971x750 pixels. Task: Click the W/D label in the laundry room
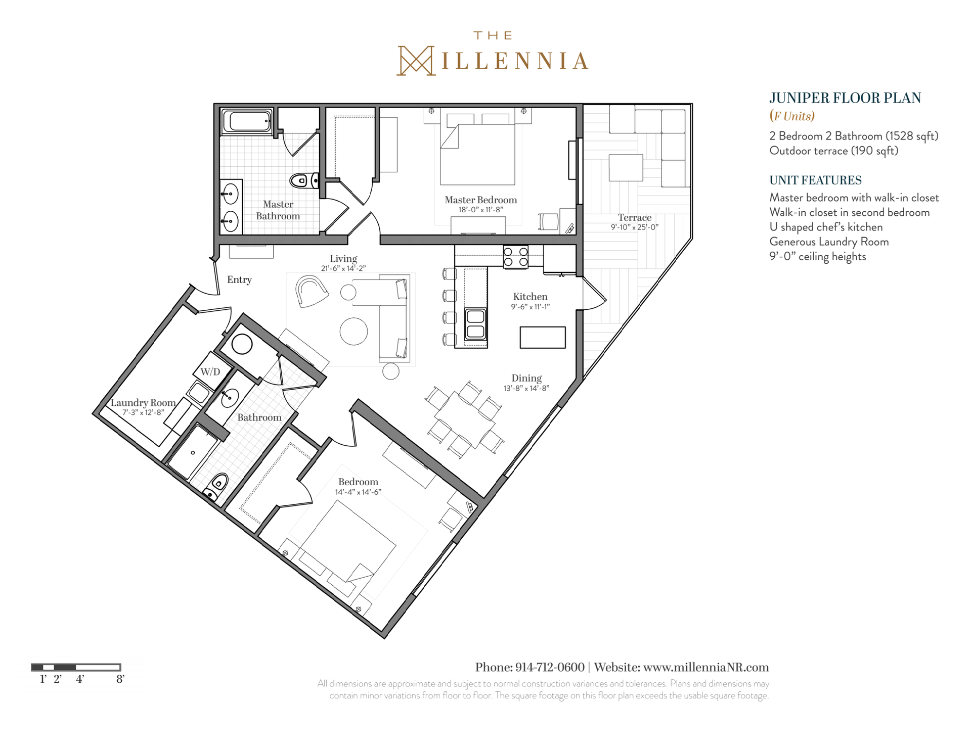pos(210,372)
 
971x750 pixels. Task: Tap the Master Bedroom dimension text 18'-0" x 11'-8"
pos(480,210)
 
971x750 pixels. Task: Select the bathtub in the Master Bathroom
pos(248,122)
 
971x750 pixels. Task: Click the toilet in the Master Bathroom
pos(304,180)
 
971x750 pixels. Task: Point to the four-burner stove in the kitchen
pos(515,256)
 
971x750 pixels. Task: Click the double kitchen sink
pos(475,323)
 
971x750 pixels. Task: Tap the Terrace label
pos(634,218)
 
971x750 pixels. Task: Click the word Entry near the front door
pos(239,279)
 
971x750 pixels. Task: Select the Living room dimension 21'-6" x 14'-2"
pos(343,268)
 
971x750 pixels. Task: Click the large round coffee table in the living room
pos(354,331)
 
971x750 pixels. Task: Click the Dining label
pos(526,378)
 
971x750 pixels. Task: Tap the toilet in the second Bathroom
pos(216,486)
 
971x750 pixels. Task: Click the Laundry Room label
pos(143,403)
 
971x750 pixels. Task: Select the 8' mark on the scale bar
pos(120,679)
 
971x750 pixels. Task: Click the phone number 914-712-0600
pos(550,667)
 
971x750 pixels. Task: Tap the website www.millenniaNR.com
pos(706,667)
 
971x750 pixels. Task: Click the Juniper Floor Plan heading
pos(845,98)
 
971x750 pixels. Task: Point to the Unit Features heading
pos(815,180)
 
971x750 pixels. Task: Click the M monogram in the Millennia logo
pos(416,61)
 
